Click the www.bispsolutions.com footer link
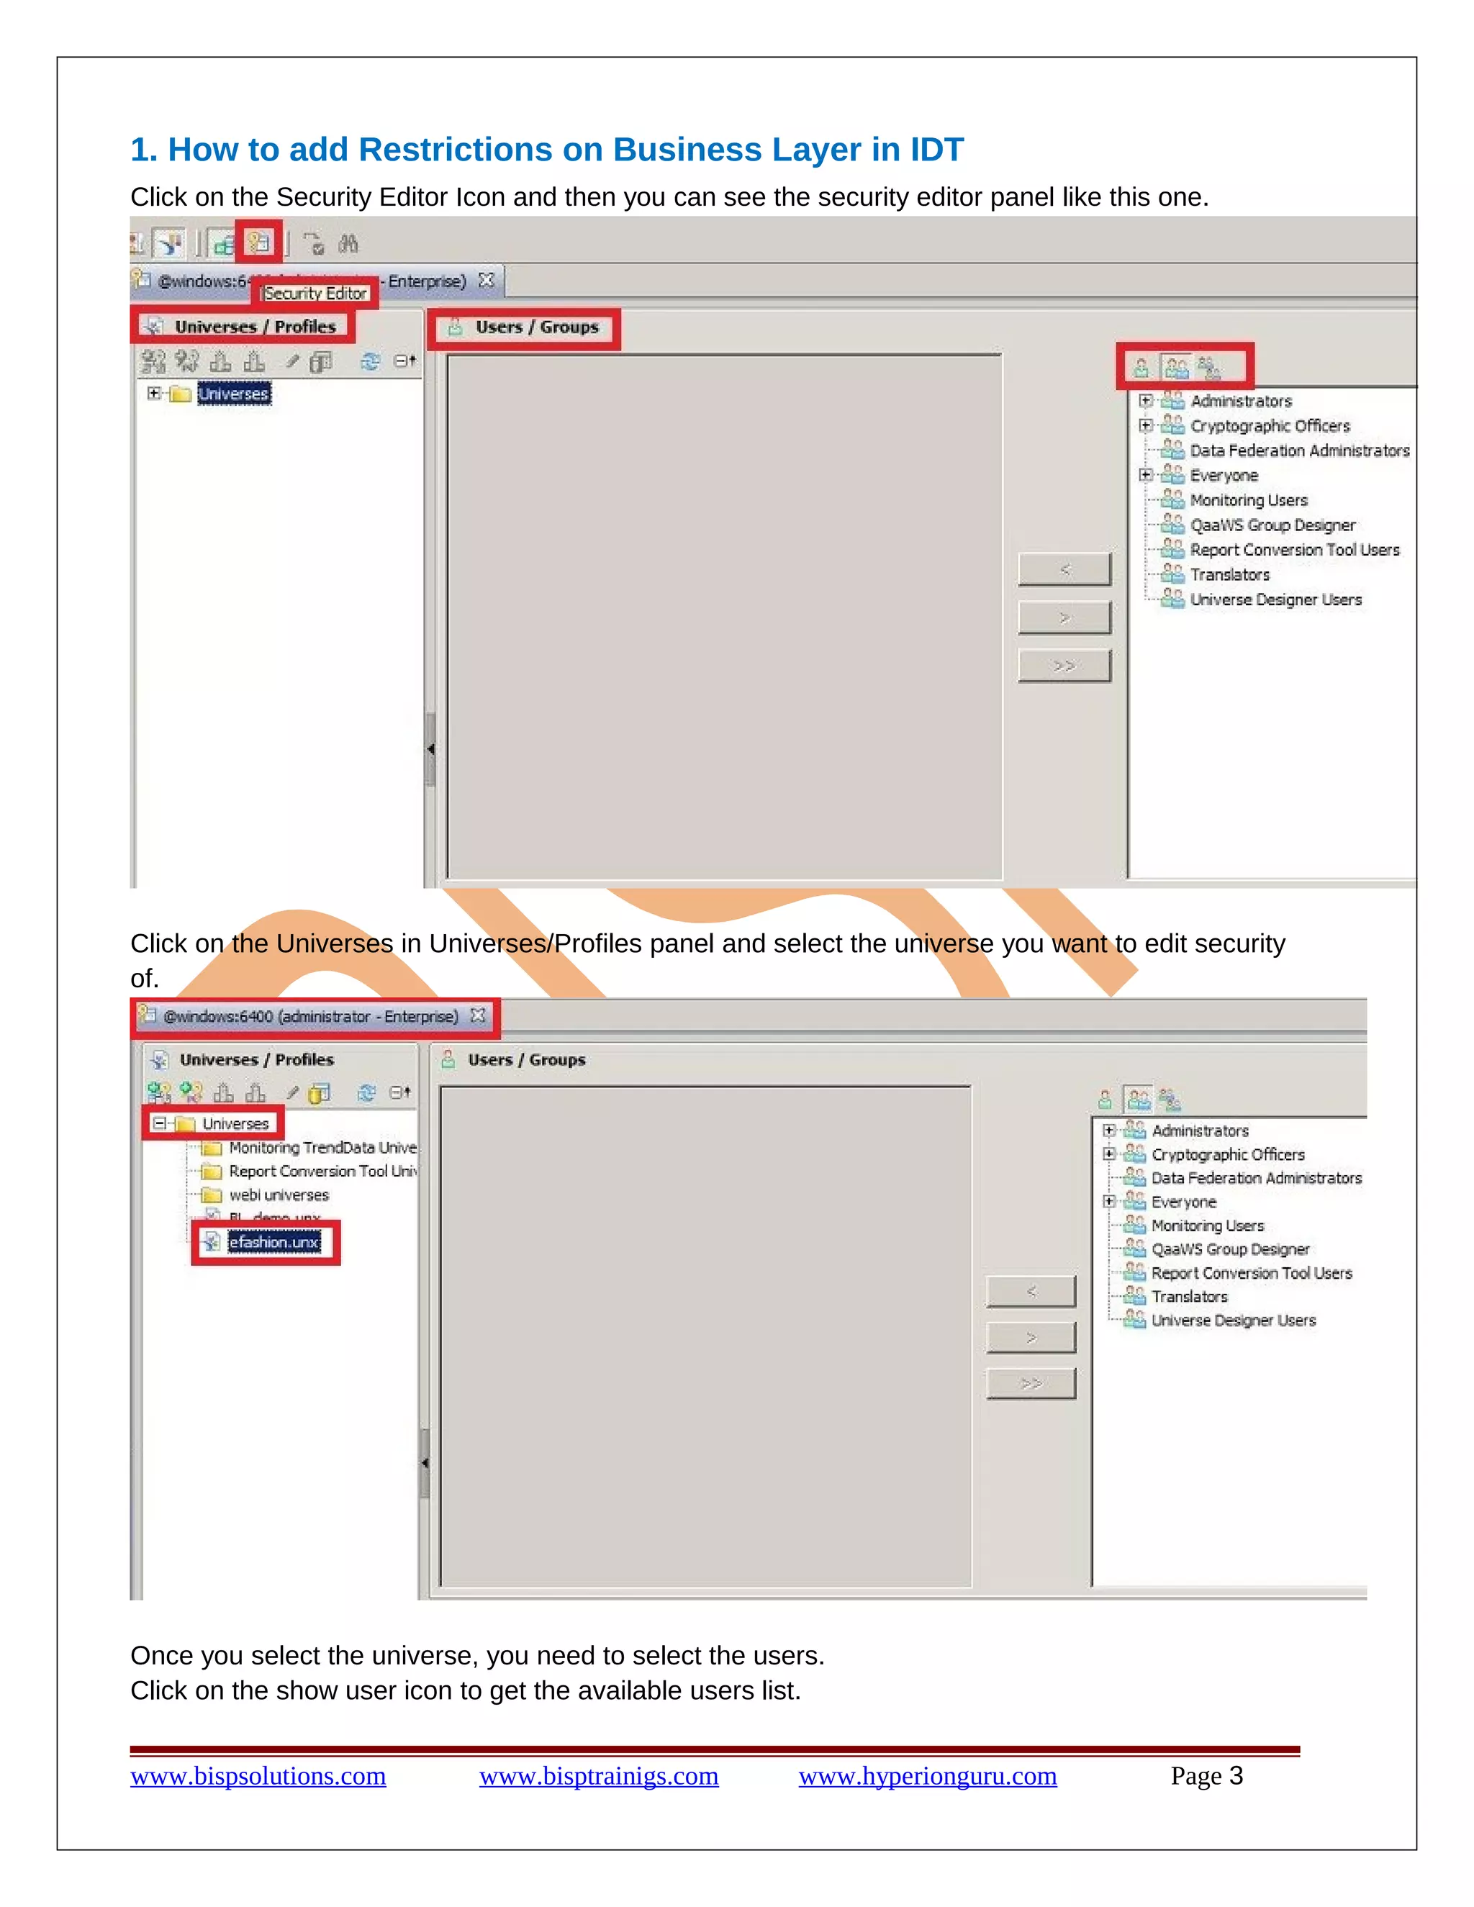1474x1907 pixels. [x=258, y=1775]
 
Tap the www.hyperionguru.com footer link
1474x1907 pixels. [x=927, y=1775]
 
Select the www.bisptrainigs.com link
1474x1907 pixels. [x=598, y=1775]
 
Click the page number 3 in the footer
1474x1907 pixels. [x=1235, y=1775]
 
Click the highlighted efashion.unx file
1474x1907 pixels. [x=273, y=1241]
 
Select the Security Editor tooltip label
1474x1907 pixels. [x=315, y=294]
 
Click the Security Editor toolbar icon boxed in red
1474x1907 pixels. [x=259, y=242]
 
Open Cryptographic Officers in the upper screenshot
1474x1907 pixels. [x=1269, y=426]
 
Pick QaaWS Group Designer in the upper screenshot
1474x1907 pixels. [x=1272, y=525]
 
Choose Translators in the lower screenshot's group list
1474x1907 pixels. [x=1188, y=1297]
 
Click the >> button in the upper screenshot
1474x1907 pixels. [x=1064, y=666]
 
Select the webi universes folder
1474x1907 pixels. [x=279, y=1195]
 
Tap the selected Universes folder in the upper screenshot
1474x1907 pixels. [x=233, y=394]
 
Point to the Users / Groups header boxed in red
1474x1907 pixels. [x=536, y=327]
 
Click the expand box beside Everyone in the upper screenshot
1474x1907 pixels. [x=1145, y=475]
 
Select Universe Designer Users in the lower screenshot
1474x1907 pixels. [x=1232, y=1321]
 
